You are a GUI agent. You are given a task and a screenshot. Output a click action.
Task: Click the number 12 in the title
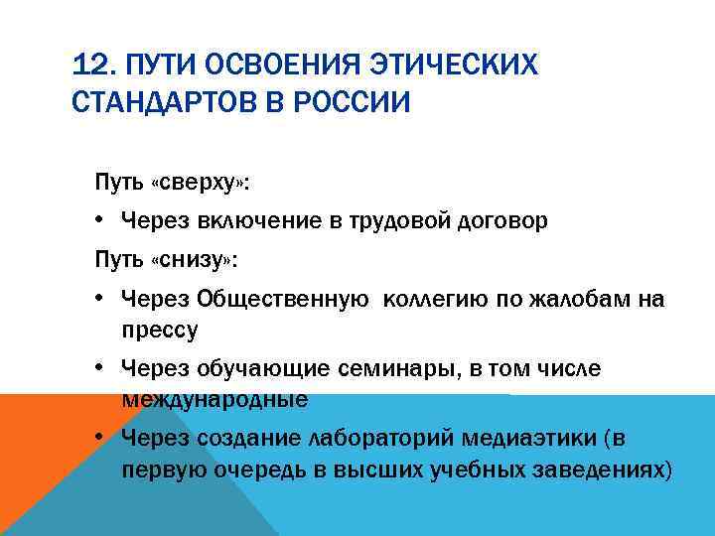pos(89,67)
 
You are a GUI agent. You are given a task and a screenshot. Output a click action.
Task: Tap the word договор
pos(502,220)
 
